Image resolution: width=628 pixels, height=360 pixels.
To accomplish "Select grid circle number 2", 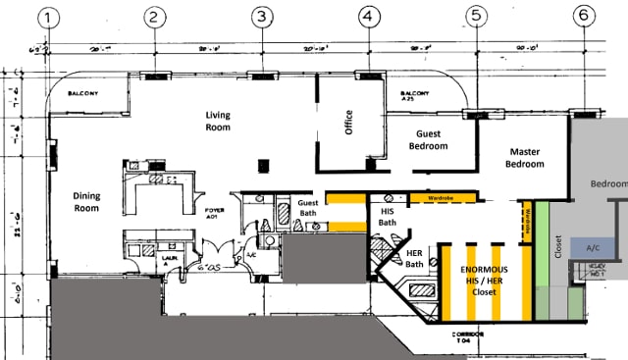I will pos(153,16).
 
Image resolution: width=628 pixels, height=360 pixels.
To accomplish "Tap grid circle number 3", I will pos(261,16).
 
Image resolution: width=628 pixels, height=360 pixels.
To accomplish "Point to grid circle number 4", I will pos(368,16).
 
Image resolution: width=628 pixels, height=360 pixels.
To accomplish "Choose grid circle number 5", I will pos(476,16).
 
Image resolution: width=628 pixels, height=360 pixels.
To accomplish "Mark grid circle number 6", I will pos(584,16).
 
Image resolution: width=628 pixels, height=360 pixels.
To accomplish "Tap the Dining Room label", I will pos(87,201).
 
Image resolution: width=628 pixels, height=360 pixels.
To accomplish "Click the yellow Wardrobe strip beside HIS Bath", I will pos(439,197).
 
